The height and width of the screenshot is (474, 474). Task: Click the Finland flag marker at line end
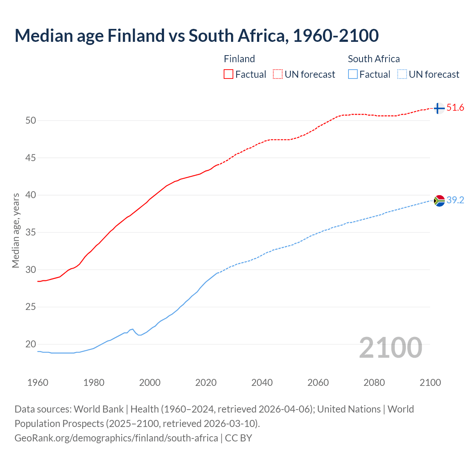(439, 108)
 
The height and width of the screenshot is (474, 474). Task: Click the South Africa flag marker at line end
(439, 200)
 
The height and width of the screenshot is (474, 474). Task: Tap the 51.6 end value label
(455, 108)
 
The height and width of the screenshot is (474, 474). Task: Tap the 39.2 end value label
(455, 200)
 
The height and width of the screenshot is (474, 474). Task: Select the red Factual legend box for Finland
(228, 74)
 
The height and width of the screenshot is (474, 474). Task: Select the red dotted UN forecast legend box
(278, 74)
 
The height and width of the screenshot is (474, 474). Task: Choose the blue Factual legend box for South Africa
(353, 74)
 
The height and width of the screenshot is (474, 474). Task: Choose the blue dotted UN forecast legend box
(402, 74)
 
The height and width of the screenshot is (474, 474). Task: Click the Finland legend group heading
(239, 59)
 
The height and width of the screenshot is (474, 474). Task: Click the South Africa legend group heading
(374, 59)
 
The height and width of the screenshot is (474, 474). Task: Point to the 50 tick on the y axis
(31, 120)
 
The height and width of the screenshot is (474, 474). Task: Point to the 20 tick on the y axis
(31, 344)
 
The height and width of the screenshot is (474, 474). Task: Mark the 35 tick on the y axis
(31, 233)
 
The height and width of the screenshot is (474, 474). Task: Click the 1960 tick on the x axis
(38, 383)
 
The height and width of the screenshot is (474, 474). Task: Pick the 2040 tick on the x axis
(262, 383)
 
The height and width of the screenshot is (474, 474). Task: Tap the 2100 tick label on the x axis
(430, 383)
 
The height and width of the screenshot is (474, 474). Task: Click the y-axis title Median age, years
(16, 230)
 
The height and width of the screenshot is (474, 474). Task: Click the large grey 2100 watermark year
(391, 347)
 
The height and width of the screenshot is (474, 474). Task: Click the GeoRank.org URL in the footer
(116, 438)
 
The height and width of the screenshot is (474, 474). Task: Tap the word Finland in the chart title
(136, 36)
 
